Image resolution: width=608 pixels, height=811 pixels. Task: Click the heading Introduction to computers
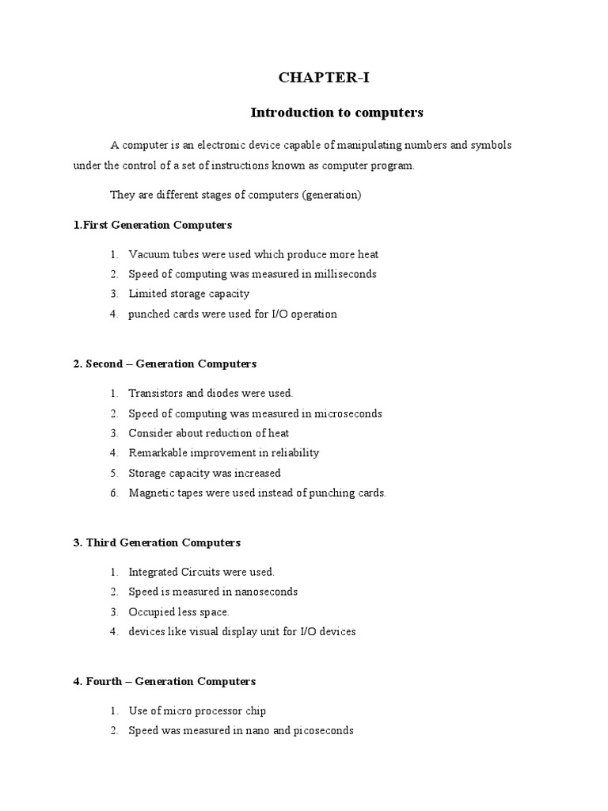pyautogui.click(x=337, y=112)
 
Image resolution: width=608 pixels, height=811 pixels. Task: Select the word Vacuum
pyautogui.click(x=147, y=254)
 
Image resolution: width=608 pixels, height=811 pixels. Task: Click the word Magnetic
pyautogui.click(x=150, y=493)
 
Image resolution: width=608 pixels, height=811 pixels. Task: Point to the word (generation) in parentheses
pyautogui.click(x=332, y=195)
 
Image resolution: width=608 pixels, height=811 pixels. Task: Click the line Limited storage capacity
pyautogui.click(x=188, y=294)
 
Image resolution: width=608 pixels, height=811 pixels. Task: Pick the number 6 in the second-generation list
pyautogui.click(x=114, y=493)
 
